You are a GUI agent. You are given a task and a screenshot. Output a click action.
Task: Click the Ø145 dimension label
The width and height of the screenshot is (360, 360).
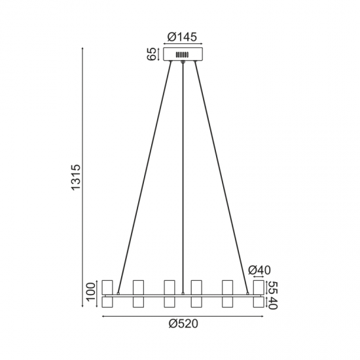183,37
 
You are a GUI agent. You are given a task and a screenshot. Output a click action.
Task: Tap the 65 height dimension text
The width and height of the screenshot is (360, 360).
151,54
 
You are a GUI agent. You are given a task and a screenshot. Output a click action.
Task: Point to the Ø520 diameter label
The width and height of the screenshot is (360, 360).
183,324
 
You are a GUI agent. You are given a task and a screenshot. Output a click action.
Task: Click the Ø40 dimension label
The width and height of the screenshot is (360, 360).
260,270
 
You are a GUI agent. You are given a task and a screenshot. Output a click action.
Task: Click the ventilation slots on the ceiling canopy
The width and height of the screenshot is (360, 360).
183,55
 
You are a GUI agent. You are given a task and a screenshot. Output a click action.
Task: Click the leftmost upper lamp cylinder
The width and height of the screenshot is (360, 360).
108,287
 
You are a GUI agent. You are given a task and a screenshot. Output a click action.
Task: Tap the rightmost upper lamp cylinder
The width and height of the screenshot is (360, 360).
259,287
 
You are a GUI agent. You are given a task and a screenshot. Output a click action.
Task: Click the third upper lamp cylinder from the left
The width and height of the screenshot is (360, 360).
169,287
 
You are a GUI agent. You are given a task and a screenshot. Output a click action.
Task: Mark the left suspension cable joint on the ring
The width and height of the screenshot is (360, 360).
118,293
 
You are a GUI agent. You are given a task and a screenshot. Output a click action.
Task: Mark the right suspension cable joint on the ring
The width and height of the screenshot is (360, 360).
249,293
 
